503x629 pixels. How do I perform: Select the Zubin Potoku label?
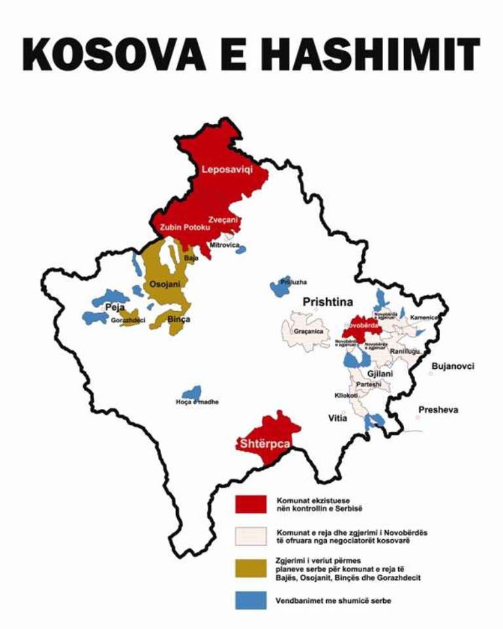(185, 227)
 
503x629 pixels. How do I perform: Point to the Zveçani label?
(223, 219)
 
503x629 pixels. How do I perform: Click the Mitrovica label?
(225, 245)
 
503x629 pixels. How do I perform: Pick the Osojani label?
(165, 284)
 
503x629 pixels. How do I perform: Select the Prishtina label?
(327, 302)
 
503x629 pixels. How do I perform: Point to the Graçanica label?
(308, 332)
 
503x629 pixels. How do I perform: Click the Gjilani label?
(380, 373)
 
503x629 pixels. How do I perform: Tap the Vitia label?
(338, 417)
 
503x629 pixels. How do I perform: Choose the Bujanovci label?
(453, 366)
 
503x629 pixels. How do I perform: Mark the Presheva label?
(438, 410)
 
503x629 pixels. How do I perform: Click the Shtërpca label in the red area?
(265, 444)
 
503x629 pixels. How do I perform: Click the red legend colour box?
(251, 504)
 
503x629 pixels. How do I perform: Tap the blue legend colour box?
(251, 600)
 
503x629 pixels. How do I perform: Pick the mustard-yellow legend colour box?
(251, 568)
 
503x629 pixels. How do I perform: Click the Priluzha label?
(293, 282)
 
